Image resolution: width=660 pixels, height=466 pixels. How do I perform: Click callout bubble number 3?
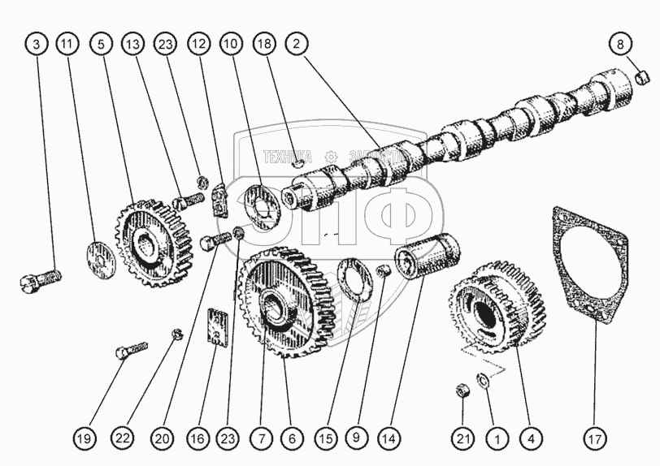(x=37, y=45)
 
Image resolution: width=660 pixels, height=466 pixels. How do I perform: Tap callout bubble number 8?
(x=620, y=45)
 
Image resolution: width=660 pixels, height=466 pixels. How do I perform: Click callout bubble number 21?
(x=462, y=439)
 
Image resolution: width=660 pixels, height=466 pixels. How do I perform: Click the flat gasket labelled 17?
(x=593, y=268)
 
